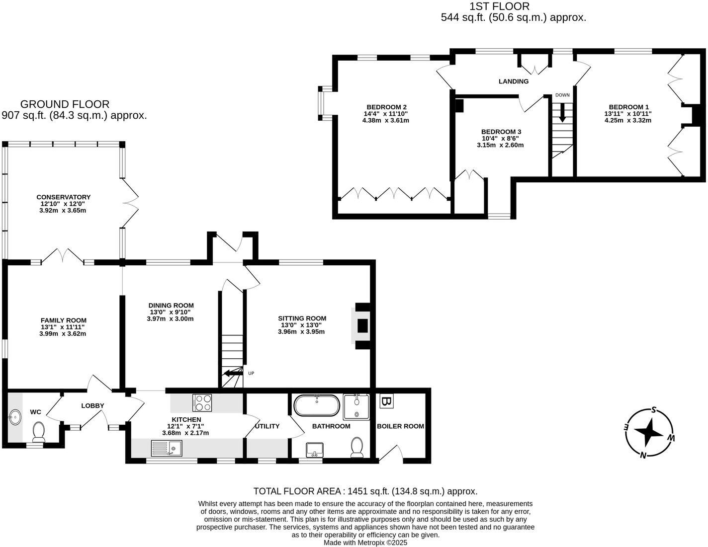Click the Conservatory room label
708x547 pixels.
click(63, 197)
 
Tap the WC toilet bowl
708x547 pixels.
click(38, 431)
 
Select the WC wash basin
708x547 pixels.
click(15, 416)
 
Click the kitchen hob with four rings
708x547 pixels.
click(202, 402)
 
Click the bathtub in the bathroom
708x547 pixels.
click(317, 405)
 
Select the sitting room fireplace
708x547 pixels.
click(361, 325)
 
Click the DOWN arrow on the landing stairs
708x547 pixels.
click(562, 112)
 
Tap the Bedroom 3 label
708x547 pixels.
click(501, 132)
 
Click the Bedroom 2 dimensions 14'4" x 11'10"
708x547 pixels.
click(385, 113)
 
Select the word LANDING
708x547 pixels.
click(514, 81)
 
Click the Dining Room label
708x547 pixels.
click(171, 306)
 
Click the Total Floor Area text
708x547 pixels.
click(365, 491)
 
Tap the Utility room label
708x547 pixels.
click(267, 426)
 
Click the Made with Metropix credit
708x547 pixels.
click(365, 543)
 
